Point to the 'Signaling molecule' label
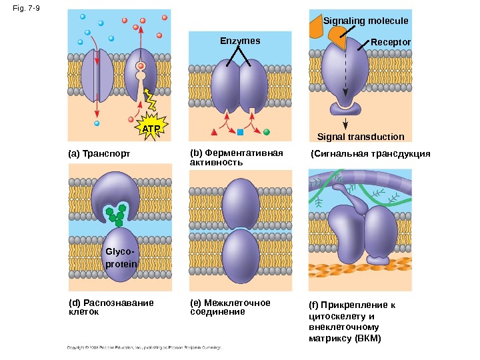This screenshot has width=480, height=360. click(x=365, y=21)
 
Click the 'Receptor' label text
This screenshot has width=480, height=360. click(x=391, y=41)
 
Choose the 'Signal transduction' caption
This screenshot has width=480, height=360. click(x=361, y=137)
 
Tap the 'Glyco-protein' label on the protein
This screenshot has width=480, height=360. click(x=119, y=258)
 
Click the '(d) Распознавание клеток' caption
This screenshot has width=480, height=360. click(x=111, y=307)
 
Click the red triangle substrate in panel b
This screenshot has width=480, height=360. click(x=215, y=131)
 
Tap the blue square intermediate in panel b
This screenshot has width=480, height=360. click(x=240, y=131)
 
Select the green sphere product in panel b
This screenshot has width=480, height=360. click(x=266, y=131)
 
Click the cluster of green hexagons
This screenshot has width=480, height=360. click(x=117, y=213)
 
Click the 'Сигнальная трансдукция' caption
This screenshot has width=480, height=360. click(x=371, y=154)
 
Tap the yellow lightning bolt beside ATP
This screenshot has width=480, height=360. click(x=152, y=103)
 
